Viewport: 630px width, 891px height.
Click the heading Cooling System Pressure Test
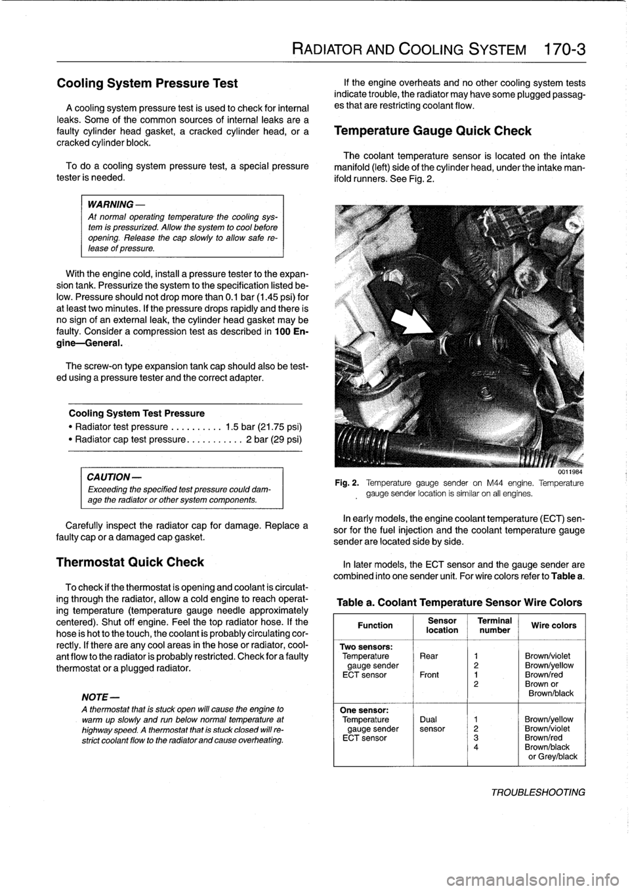pos(148,83)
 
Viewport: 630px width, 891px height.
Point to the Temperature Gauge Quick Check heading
pos(432,130)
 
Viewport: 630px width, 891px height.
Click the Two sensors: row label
pos(366,647)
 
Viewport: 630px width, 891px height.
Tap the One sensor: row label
pos(364,710)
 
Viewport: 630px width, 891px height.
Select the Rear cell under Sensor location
pos(429,655)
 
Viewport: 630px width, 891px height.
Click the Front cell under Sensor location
pos(429,674)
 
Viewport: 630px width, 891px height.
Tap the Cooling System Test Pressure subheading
pos(136,413)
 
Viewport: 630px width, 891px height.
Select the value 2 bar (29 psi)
pos(274,439)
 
